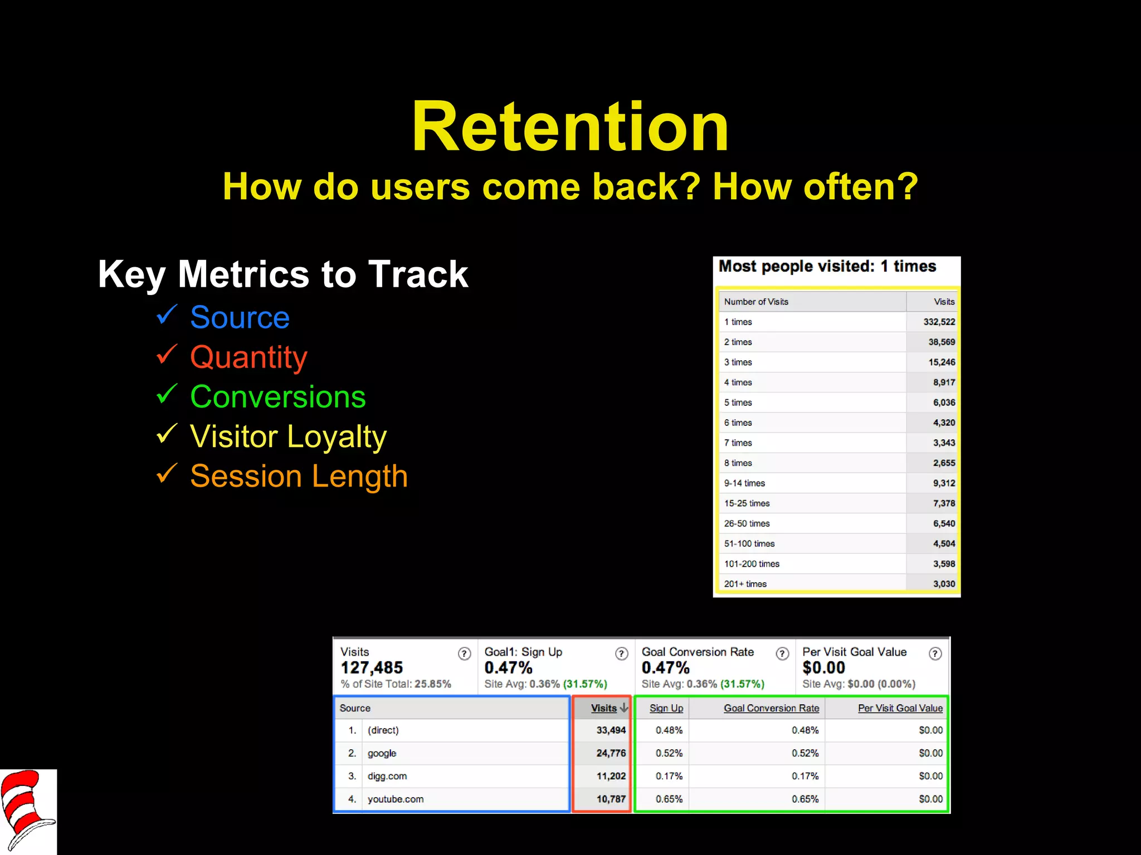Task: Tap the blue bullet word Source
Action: (x=240, y=317)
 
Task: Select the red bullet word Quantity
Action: (x=248, y=357)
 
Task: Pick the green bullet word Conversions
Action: (x=277, y=397)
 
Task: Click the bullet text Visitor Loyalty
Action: (x=288, y=436)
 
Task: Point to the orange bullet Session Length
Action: (x=299, y=476)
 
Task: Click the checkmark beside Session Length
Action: (x=167, y=474)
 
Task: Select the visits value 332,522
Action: (x=939, y=322)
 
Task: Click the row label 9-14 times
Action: (x=744, y=483)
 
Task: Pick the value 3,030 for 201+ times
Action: (x=944, y=584)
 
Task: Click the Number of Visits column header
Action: (x=756, y=302)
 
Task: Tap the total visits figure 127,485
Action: (x=372, y=667)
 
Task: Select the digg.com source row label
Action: (x=387, y=776)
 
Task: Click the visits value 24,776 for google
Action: (x=611, y=753)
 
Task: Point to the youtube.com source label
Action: (x=396, y=799)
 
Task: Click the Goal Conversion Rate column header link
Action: (x=771, y=708)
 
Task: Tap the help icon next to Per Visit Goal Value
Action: (x=935, y=654)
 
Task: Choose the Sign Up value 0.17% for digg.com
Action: (x=669, y=776)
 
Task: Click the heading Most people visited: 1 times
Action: (x=827, y=267)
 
